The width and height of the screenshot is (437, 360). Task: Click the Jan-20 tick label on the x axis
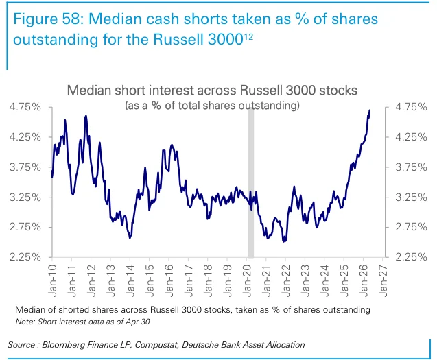(247, 280)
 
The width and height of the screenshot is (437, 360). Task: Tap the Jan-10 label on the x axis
(52, 280)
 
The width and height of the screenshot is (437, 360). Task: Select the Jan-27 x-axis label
(383, 280)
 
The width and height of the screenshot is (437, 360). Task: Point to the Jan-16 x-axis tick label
(169, 280)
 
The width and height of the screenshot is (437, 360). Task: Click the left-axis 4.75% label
(25, 107)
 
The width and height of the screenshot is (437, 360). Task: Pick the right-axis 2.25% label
(411, 257)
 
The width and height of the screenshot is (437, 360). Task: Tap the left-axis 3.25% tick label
(25, 197)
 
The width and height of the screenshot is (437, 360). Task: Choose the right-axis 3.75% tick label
(411, 167)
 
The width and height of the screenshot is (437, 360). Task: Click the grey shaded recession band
(251, 182)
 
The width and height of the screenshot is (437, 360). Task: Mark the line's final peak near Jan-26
(370, 110)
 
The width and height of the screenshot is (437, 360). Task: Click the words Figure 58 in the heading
(47, 19)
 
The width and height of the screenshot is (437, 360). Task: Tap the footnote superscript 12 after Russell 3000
(248, 36)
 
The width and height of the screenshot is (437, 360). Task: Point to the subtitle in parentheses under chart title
(213, 106)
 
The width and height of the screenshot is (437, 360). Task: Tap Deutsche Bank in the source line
(211, 345)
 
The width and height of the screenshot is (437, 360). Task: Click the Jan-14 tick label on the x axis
(130, 280)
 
